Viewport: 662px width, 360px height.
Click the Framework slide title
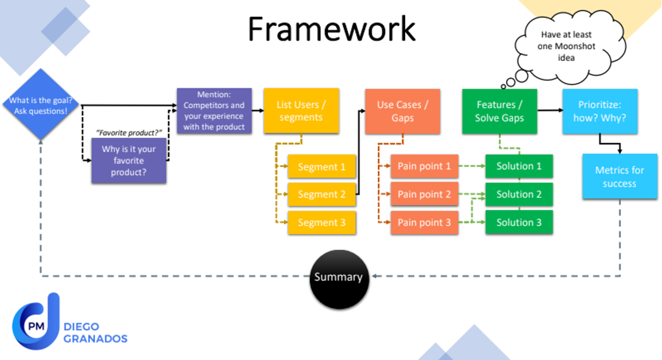pyautogui.click(x=331, y=28)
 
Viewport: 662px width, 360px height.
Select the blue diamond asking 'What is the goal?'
pyautogui.click(x=41, y=105)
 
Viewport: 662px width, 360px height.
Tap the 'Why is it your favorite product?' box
pyautogui.click(x=129, y=161)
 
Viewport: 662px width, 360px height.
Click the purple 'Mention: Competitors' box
pyautogui.click(x=214, y=111)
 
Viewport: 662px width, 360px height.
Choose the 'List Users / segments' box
pyautogui.click(x=301, y=111)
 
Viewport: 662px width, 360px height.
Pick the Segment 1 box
pyautogui.click(x=322, y=167)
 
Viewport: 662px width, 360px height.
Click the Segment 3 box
pyautogui.click(x=322, y=223)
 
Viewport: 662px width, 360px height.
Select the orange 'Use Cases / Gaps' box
pyautogui.click(x=403, y=111)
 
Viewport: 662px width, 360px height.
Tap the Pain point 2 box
pyautogui.click(x=424, y=194)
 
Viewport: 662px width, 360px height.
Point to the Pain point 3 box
pyautogui.click(x=424, y=223)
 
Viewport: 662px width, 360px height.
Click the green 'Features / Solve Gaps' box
pyautogui.click(x=500, y=111)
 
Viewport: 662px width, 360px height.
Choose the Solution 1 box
pyautogui.click(x=519, y=166)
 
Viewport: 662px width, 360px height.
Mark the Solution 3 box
pyautogui.click(x=519, y=223)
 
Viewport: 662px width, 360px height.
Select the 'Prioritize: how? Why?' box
pyautogui.click(x=599, y=111)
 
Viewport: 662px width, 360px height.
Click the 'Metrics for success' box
pyautogui.click(x=619, y=177)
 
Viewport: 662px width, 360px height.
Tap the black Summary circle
pyautogui.click(x=339, y=277)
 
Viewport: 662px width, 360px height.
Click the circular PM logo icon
pyautogui.click(x=32, y=326)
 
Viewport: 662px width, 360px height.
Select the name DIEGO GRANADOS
pyautogui.click(x=96, y=332)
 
